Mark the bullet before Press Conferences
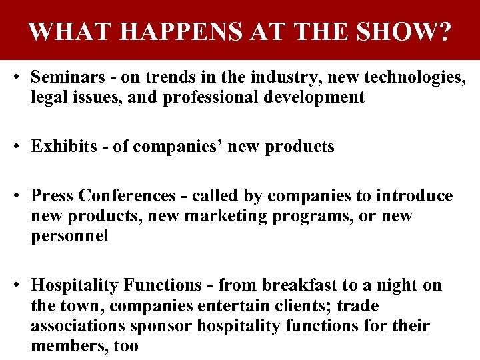(x=15, y=197)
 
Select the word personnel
(x=69, y=236)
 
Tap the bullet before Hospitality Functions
(x=15, y=286)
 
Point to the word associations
(x=77, y=326)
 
